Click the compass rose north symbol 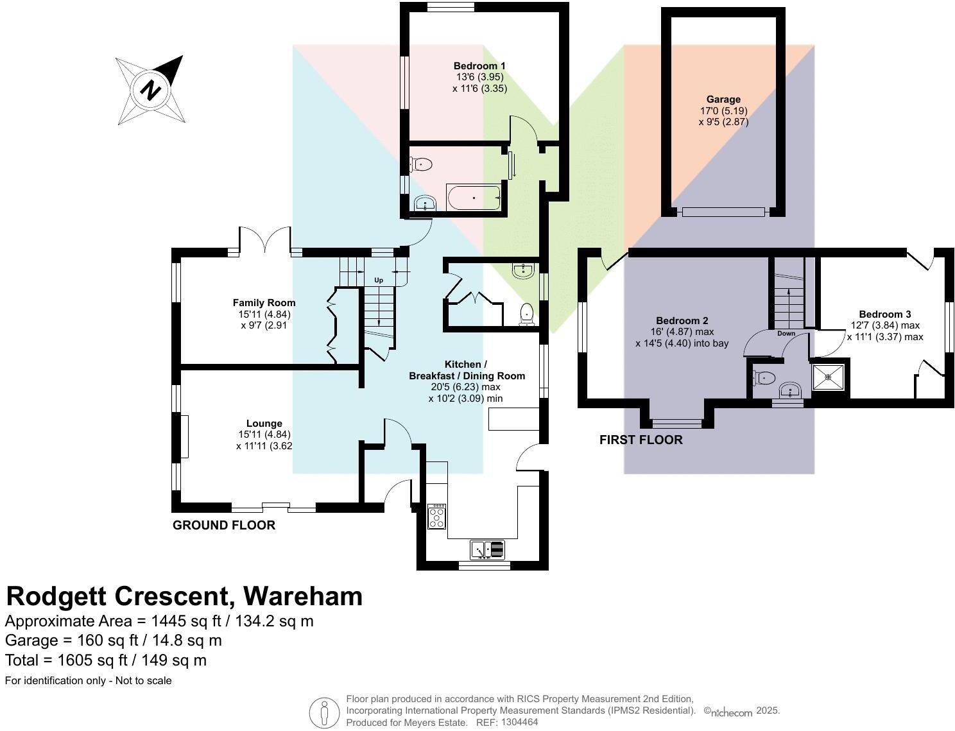(151, 90)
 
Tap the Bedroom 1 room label (479, 66)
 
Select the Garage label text (723, 99)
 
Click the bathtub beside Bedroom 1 (474, 198)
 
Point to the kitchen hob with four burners (437, 517)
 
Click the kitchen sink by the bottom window (488, 550)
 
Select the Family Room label (264, 303)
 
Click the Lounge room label (264, 424)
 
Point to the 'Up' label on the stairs (379, 280)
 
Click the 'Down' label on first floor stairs (786, 334)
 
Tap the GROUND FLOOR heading (224, 525)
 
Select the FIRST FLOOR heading (641, 440)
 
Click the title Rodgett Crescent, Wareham (184, 596)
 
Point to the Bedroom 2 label (682, 321)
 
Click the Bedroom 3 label (884, 314)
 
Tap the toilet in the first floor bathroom (764, 378)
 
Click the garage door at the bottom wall (723, 212)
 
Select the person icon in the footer (324, 712)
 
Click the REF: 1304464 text (506, 722)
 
